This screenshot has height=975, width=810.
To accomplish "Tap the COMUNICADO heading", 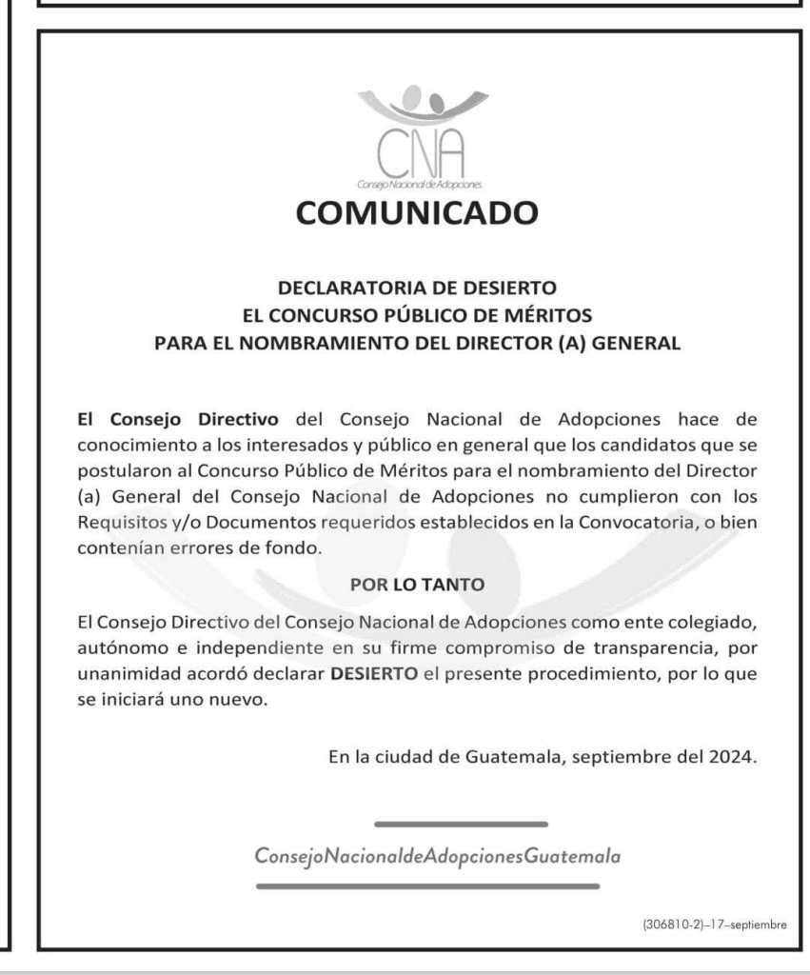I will point(417,212).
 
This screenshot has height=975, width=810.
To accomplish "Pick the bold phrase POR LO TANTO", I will point(417,584).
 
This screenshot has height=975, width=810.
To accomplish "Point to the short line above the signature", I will point(461,824).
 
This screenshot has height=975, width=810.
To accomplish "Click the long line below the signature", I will point(427,886).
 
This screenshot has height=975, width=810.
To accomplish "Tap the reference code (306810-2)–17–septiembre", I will point(714,925).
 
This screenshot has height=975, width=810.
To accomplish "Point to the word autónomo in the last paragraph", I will point(115,648).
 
